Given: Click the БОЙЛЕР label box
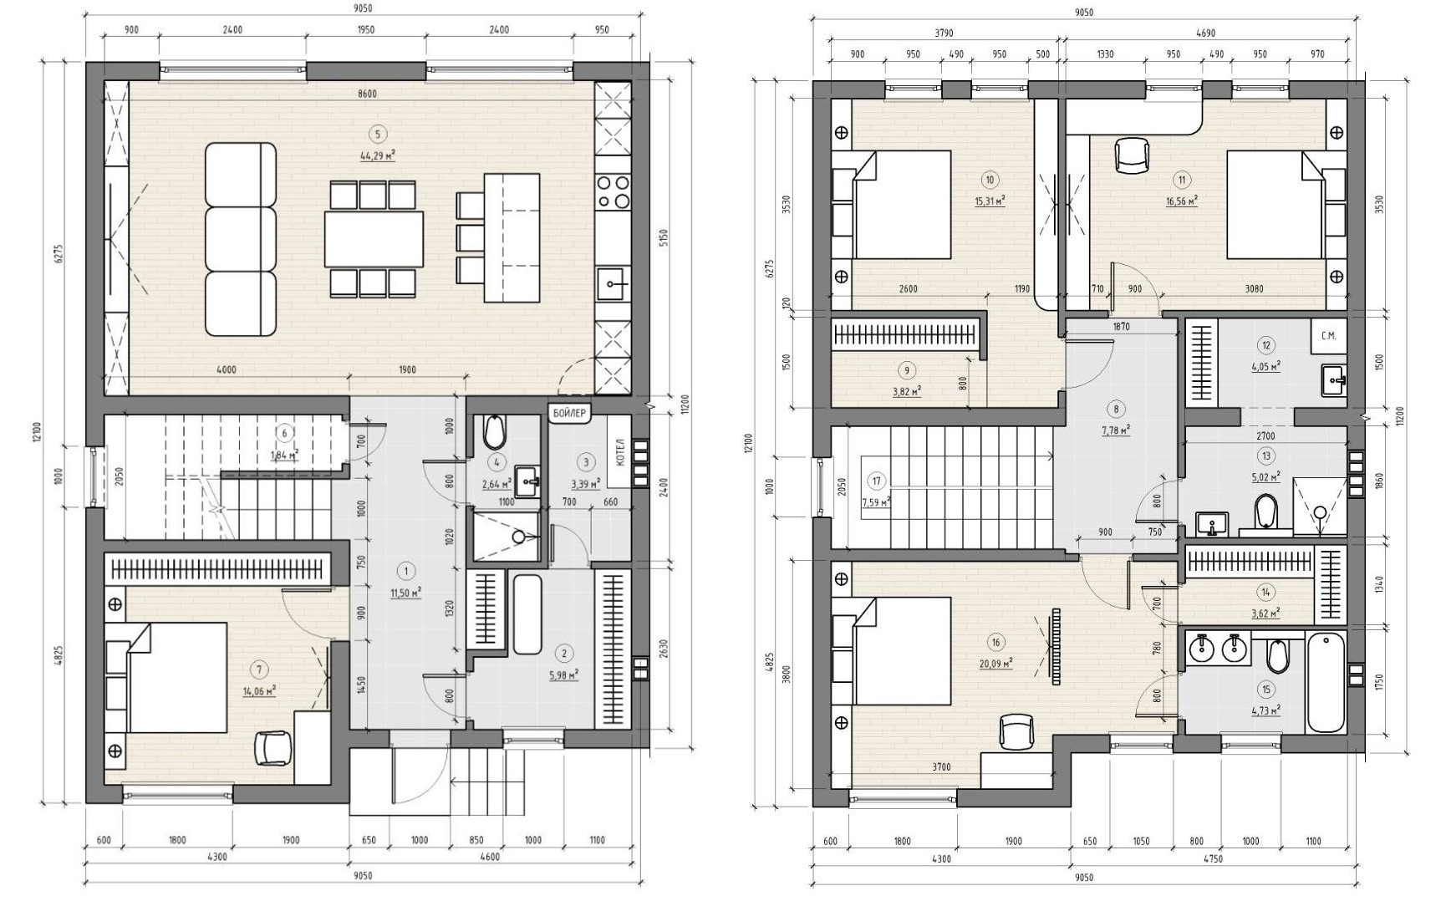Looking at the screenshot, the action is coord(571,413).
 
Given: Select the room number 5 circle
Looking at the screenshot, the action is coord(378,134).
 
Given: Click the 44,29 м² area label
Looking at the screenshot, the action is coord(378,155).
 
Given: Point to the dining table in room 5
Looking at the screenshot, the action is coord(374,239).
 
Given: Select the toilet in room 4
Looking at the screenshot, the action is coord(494,431).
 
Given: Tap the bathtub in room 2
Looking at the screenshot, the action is coord(528,614).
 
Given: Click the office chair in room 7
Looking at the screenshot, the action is coord(272,746).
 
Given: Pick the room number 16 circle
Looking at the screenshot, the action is coord(995,642).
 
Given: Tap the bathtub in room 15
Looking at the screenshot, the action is coord(1325,683).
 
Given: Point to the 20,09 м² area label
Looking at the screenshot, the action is coord(995,664).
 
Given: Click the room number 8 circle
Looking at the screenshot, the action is coord(1116,409).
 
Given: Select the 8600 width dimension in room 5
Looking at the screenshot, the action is coord(367,94).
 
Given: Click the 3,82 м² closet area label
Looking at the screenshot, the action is coord(906,391).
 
